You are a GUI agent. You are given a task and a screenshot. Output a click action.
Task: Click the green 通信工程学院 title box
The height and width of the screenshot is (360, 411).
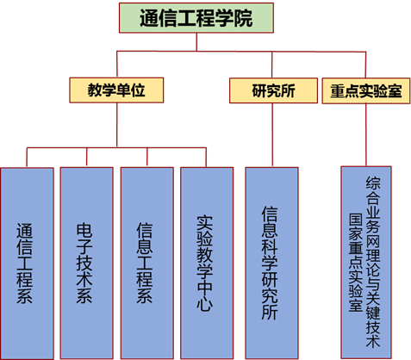[x=196, y=18]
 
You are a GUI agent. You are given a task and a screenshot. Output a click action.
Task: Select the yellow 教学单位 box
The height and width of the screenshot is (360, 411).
[x=116, y=90]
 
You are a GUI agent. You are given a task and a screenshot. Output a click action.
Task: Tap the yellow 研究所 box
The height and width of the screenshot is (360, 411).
[x=273, y=90]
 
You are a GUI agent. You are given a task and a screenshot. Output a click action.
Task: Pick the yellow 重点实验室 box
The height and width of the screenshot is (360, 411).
[x=366, y=90]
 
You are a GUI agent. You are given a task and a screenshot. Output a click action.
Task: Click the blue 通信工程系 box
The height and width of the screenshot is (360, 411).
[x=27, y=264]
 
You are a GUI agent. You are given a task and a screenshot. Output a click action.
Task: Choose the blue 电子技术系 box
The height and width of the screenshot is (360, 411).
[x=86, y=263]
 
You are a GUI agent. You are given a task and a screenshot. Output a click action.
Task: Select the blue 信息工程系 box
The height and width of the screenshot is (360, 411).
[x=147, y=263]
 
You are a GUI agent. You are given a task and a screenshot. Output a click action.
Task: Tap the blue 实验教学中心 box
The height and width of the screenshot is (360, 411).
[x=207, y=263]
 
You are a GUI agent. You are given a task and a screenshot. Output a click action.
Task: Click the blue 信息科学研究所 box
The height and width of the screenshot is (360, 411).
[x=271, y=263]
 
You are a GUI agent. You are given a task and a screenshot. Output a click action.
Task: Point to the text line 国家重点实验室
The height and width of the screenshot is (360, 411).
[x=356, y=263]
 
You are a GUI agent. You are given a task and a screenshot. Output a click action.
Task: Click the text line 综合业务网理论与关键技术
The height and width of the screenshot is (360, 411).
[x=373, y=262]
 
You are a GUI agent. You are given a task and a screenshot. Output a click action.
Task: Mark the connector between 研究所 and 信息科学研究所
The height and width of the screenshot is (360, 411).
[x=272, y=135]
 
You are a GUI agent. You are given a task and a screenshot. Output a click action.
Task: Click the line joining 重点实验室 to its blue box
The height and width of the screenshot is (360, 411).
[x=366, y=134]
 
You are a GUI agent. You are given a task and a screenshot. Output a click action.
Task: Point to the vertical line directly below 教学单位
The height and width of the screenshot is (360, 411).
[x=116, y=125]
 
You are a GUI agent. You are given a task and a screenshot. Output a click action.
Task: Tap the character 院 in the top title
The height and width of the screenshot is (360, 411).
[x=243, y=18]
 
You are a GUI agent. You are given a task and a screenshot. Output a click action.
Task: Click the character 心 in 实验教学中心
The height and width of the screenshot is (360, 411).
[x=204, y=303]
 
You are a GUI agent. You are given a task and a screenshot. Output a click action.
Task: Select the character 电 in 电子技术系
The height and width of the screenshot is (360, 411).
[x=84, y=231]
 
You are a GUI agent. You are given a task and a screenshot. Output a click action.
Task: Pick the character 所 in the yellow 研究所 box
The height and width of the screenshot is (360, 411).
[x=288, y=90]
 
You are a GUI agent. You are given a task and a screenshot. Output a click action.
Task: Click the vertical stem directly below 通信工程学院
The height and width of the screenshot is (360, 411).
[x=196, y=42]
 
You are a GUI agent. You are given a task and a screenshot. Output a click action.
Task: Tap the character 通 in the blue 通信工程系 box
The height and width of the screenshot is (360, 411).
[x=24, y=231]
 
